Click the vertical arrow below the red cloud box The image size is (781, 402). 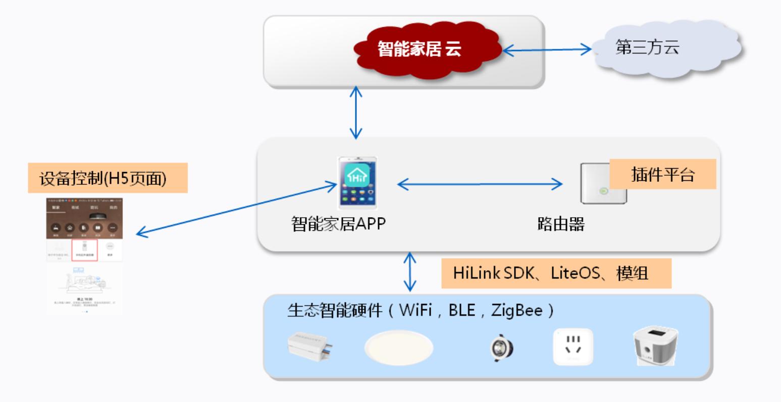pos(356,112)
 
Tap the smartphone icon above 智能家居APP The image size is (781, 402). pos(357,183)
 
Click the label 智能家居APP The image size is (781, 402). pos(338,223)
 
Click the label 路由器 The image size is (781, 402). pos(561,223)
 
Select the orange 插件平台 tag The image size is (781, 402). pos(663,174)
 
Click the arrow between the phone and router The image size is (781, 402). pos(480,184)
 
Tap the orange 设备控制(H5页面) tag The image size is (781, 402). pos(108,178)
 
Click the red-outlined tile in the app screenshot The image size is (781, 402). pos(84,250)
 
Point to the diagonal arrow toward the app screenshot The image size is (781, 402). pos(237,210)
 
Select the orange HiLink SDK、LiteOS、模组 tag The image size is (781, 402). pos(556,273)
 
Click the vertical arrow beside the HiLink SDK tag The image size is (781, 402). pos(410,272)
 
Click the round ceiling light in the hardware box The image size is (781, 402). pos(399,347)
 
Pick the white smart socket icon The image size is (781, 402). pos(573,346)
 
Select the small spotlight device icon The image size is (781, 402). pos(502,348)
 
